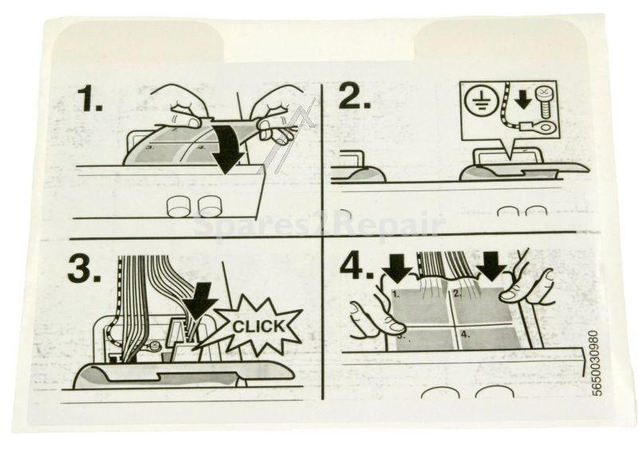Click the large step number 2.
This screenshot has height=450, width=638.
click(355, 96)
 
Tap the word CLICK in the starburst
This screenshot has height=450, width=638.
click(253, 327)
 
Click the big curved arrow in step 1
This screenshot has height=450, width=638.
click(230, 147)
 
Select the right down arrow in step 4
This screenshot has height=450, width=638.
click(491, 264)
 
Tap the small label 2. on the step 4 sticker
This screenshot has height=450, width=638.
click(457, 293)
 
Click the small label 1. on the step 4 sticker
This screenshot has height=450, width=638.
click(396, 295)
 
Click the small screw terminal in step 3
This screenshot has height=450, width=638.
click(154, 346)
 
